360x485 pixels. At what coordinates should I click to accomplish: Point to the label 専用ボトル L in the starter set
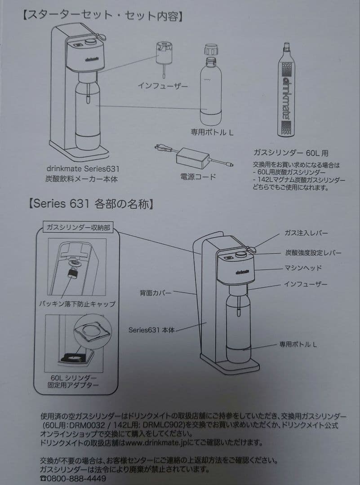pyautogui.click(x=212, y=132)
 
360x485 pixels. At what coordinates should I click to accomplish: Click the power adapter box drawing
pyautogui.click(x=192, y=157)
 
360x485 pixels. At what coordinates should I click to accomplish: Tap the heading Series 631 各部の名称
pyautogui.click(x=93, y=205)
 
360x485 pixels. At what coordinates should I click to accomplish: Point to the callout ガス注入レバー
pyautogui.click(x=306, y=233)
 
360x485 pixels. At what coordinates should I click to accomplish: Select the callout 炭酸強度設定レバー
pyautogui.click(x=313, y=252)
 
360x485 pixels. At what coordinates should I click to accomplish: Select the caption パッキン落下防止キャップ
pyautogui.click(x=77, y=304)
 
